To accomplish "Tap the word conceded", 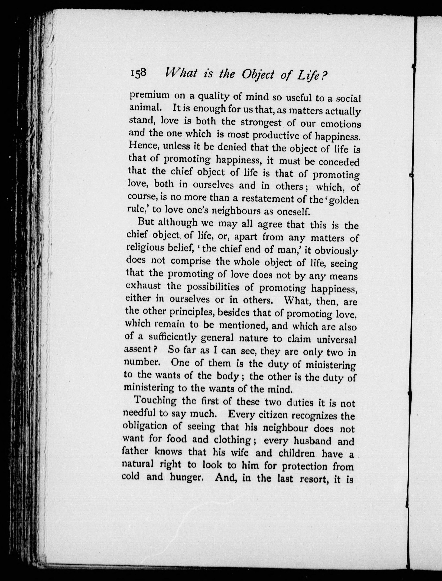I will pyautogui.click(x=339, y=162).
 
